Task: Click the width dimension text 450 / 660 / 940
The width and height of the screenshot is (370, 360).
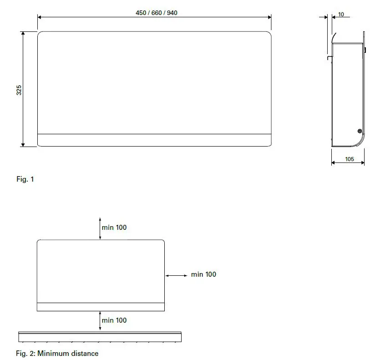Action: coord(156,13)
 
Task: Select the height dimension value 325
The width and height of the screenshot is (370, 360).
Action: coord(19,90)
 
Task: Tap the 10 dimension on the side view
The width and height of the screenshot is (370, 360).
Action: coord(341,15)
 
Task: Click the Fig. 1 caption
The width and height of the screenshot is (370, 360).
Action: coord(25,179)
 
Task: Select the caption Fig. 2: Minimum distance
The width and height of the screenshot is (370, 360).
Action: coord(57,353)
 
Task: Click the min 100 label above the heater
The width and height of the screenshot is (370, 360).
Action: coord(114,227)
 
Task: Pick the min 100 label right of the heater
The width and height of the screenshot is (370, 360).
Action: coord(203,274)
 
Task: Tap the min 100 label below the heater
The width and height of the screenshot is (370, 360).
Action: coord(114,320)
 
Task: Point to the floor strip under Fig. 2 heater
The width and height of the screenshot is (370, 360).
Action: coord(100,337)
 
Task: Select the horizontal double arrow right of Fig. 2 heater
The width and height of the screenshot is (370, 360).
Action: coord(176,275)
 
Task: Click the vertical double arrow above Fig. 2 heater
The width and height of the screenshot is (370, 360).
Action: coord(100,228)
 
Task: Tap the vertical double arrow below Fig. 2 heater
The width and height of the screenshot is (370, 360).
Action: coord(100,321)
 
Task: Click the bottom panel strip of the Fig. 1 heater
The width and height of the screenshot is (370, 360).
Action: coord(154,140)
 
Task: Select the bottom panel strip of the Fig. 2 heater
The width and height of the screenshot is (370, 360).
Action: coord(100,307)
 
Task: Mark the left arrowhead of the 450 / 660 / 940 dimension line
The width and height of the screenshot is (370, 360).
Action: coord(40,17)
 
